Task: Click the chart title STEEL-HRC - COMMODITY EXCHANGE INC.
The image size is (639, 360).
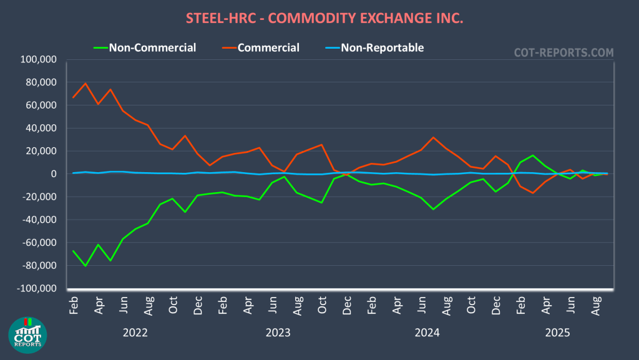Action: [x=324, y=18]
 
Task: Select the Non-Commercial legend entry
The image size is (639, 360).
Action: [x=152, y=47]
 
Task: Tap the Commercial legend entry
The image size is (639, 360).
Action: [x=268, y=47]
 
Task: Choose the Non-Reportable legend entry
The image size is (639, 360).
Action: [x=382, y=47]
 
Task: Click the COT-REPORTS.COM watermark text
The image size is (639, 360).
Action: [x=563, y=53]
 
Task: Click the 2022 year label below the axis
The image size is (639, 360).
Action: [x=135, y=332]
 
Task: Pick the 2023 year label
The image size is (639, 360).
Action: [x=278, y=332]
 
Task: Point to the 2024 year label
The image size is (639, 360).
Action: [x=427, y=332]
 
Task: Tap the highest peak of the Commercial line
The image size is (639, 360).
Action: [x=85, y=84]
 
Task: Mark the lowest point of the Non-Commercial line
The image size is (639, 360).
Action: [x=85, y=266]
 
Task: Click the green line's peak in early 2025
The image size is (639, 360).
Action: [x=533, y=155]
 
